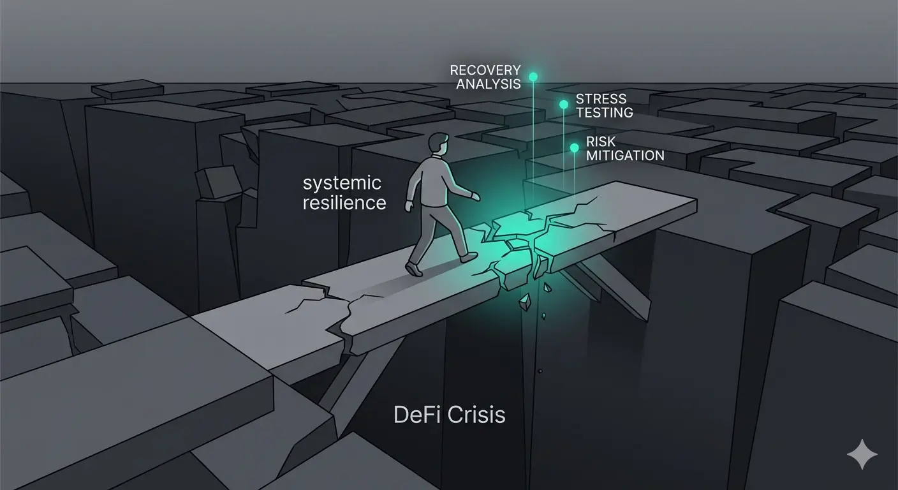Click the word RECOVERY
tap(485, 70)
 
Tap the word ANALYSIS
tap(489, 84)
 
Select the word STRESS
tap(601, 99)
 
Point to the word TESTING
tap(604, 113)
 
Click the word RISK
tap(600, 142)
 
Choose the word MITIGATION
tap(625, 156)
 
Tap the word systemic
tap(342, 184)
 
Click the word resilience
tap(344, 203)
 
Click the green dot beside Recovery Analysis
tap(533, 77)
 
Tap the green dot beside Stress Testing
tap(563, 104)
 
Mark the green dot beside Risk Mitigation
tap(574, 148)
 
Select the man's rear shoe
tap(414, 270)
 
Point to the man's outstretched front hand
tap(475, 197)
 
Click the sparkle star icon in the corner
tap(862, 454)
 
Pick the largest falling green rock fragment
tap(525, 300)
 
